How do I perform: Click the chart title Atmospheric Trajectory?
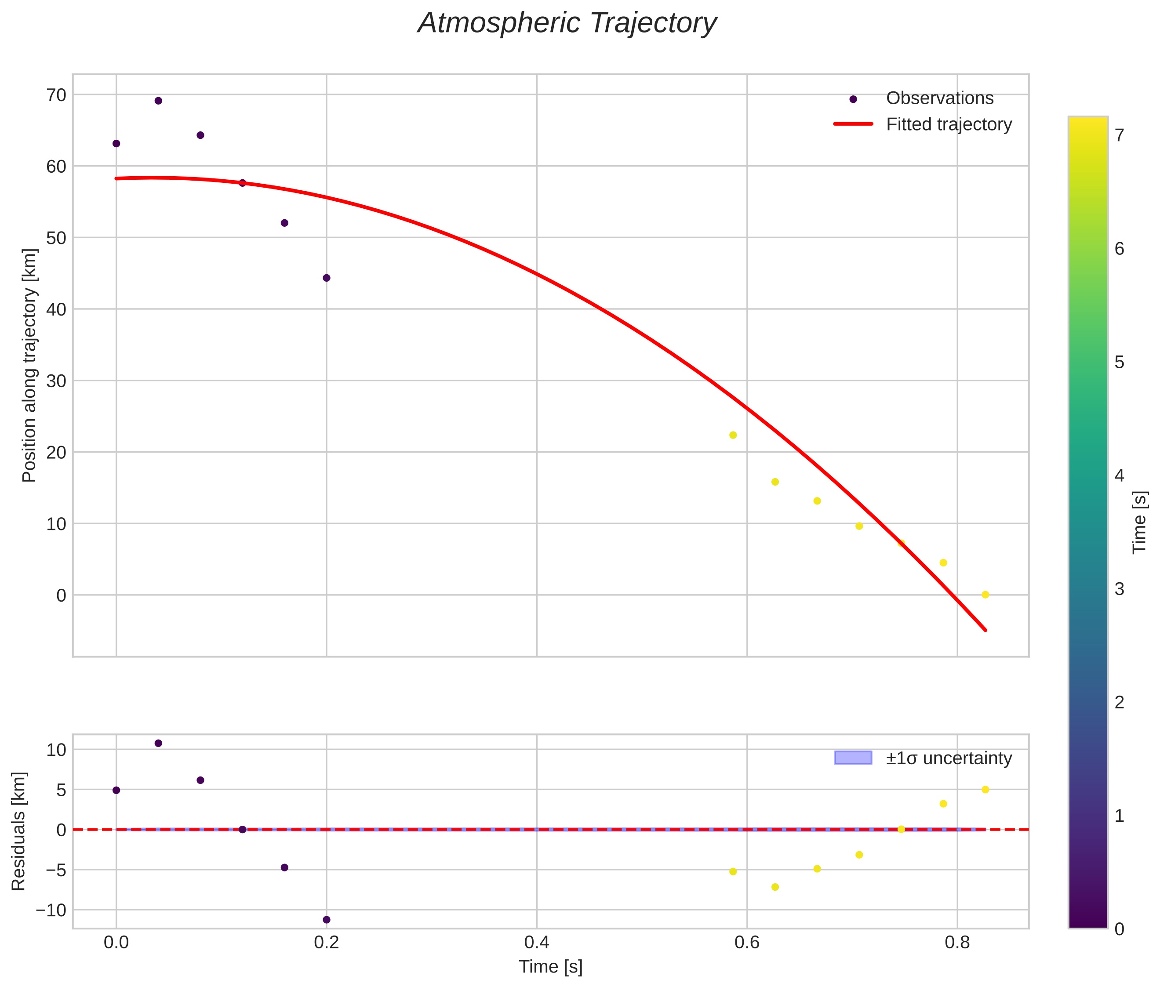tap(567, 23)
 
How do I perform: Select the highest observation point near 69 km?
tap(158, 101)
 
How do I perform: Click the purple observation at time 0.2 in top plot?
tap(327, 278)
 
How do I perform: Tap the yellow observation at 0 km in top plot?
tap(985, 595)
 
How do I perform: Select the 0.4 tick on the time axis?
tap(537, 943)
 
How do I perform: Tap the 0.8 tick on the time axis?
tap(957, 943)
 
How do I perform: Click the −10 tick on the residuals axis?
tap(51, 910)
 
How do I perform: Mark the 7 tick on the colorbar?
tap(1119, 135)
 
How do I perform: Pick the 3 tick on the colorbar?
tap(1119, 589)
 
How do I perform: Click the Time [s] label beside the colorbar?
tap(1139, 523)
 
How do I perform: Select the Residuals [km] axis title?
tap(18, 831)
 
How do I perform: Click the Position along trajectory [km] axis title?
tap(29, 365)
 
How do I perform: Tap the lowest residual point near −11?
tap(327, 920)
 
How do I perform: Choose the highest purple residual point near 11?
tap(158, 743)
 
